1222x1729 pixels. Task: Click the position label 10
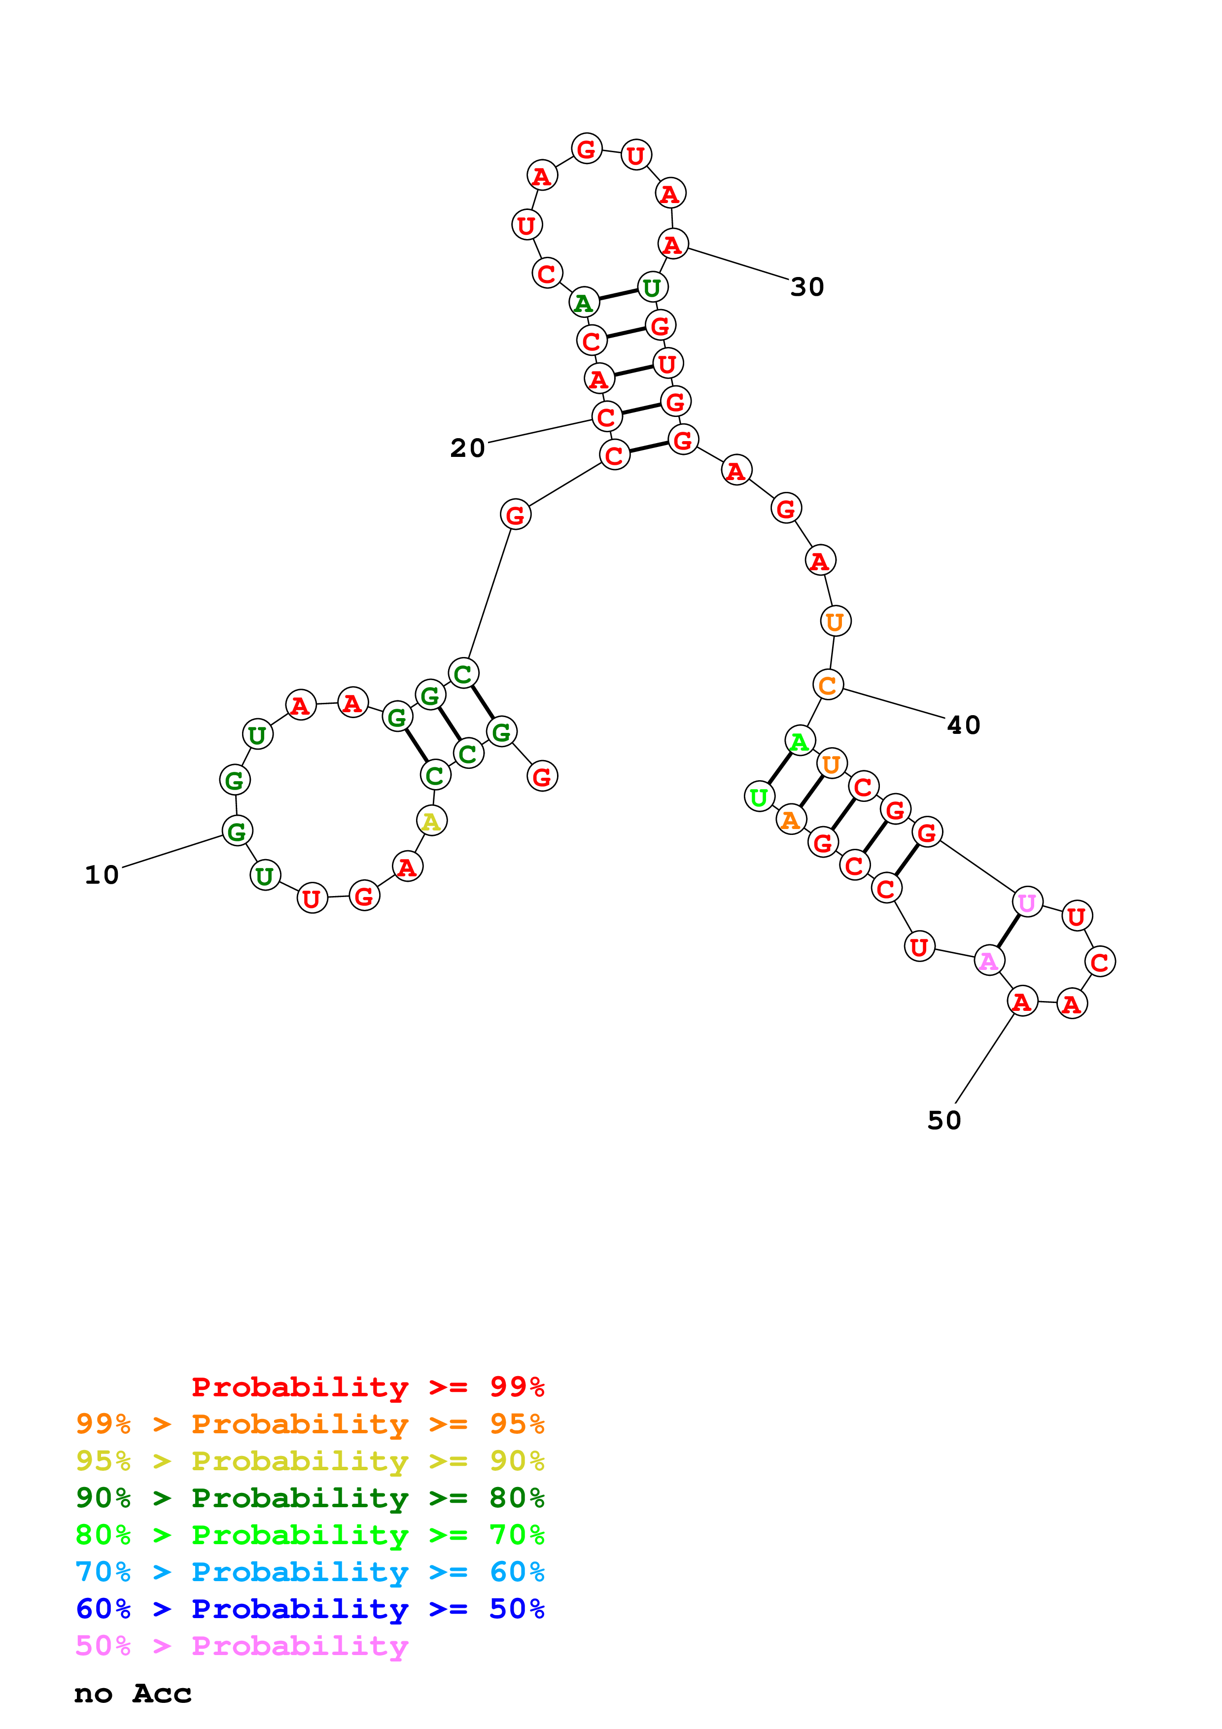pos(102,875)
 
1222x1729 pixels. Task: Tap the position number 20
pos(468,448)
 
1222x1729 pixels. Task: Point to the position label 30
pos(807,287)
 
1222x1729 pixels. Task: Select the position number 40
pos(963,725)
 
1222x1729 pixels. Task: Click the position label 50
pos(943,1120)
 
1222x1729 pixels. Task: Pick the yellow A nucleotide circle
pos(431,821)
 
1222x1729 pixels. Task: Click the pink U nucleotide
pos(1027,902)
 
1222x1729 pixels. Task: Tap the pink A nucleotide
pos(989,961)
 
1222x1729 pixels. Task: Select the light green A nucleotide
pos(800,741)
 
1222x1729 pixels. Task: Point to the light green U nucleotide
pos(759,796)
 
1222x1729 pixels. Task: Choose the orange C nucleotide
pos(828,685)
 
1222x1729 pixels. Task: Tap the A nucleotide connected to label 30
pos(672,244)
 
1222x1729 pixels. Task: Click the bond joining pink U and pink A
pos(1008,932)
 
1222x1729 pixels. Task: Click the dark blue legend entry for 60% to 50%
pos(310,1609)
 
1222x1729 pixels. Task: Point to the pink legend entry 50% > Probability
pos(242,1646)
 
